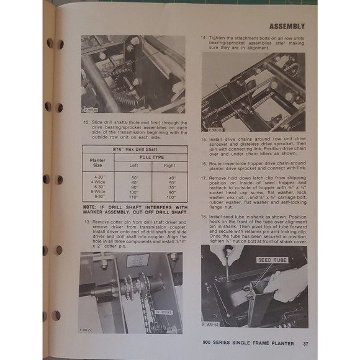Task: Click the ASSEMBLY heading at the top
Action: point(286,27)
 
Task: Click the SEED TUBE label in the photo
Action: point(272,260)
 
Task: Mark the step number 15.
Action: point(204,139)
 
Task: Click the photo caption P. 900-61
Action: point(212,324)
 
